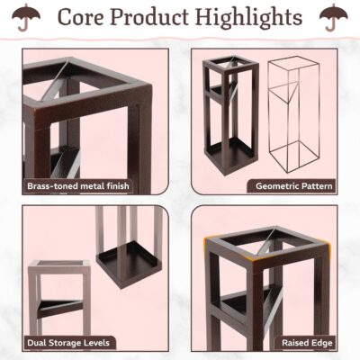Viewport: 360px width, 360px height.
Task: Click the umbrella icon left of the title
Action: pos(26,17)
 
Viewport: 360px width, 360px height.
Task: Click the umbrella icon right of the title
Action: pos(334,17)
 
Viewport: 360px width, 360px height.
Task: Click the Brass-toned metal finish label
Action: pos(78,186)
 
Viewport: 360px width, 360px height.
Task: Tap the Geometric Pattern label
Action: pos(294,186)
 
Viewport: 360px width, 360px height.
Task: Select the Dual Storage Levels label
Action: pos(68,343)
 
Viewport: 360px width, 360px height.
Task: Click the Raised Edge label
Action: pos(307,343)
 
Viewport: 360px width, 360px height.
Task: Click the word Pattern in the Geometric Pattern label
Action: pos(317,186)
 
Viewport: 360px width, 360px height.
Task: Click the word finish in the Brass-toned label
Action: pos(118,186)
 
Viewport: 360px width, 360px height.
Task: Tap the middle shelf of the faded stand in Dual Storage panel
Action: pos(60,308)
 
